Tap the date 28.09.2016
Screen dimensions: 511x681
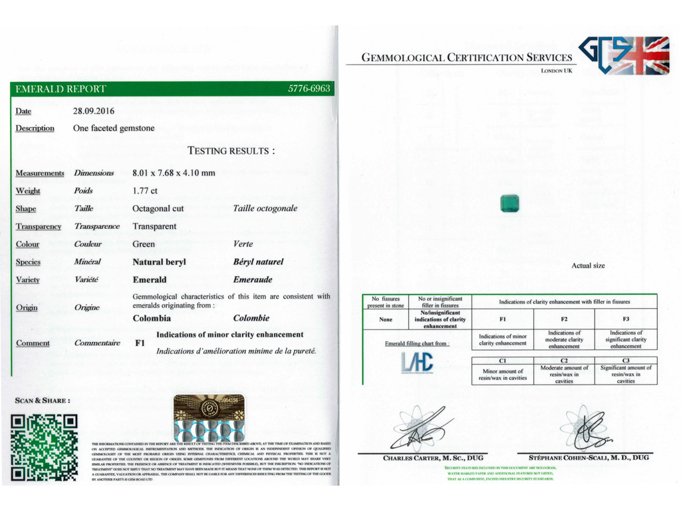93,111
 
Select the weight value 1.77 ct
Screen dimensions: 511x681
145,191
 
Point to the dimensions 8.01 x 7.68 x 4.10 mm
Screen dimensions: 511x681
174,173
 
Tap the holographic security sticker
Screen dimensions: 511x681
209,417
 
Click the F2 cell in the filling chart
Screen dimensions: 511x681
564,319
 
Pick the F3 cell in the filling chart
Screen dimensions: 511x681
626,319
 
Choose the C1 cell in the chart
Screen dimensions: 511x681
503,361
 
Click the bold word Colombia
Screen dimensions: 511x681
152,319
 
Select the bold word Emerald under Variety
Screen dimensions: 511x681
150,280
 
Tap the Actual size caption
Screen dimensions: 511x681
588,266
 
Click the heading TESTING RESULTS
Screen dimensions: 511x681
231,151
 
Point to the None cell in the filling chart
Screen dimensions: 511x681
386,319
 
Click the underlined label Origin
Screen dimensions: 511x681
27,308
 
